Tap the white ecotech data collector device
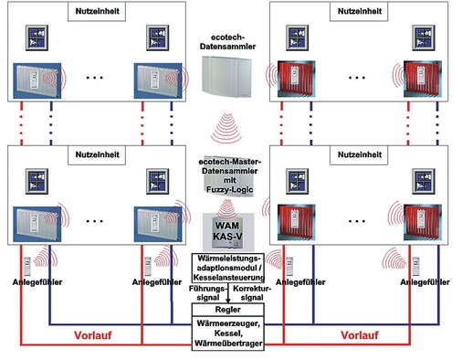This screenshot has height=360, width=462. point(230,80)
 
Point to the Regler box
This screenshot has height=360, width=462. point(230,309)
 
